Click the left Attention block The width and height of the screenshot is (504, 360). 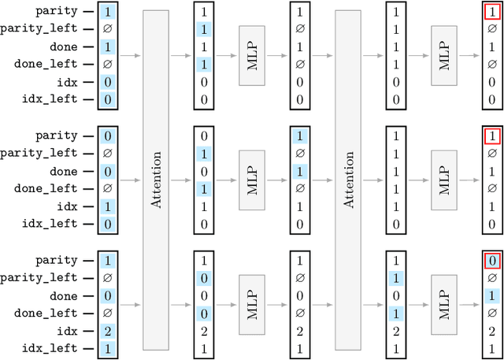156,180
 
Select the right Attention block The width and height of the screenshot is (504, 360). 349,180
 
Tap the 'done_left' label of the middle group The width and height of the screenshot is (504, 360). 50,188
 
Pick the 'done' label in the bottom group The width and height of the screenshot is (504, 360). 64,295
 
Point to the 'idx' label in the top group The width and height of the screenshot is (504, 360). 67,82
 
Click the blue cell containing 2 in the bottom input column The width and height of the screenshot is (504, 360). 107,330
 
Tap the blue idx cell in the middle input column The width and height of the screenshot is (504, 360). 107,206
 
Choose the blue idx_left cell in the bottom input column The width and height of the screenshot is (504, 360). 107,347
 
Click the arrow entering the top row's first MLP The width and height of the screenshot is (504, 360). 227,56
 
